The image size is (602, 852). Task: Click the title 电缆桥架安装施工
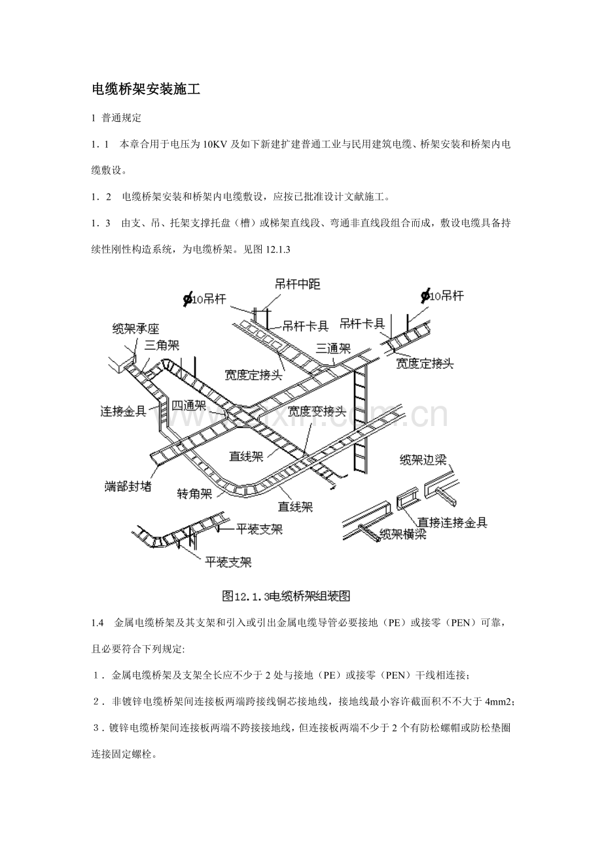coord(146,89)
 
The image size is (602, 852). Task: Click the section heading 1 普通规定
coord(116,118)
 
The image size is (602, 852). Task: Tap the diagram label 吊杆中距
coord(297,285)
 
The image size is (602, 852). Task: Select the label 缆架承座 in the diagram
coord(135,329)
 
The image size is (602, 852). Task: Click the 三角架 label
coord(162,346)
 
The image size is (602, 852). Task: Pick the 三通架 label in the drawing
coord(333,348)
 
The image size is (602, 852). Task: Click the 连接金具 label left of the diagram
coord(123,411)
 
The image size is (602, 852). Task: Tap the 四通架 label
coord(188,406)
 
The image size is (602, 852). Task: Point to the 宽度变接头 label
coord(317,411)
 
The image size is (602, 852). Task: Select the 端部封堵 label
coord(128,486)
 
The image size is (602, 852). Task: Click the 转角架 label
coord(195,494)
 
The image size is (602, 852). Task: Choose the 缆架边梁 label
coord(423,460)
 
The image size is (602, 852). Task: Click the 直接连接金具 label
coord(452,522)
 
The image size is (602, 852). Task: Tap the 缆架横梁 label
coord(403,535)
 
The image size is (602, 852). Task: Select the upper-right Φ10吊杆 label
coord(442,296)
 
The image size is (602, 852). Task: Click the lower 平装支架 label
coord(228,562)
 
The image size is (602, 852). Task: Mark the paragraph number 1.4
coord(97,623)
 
